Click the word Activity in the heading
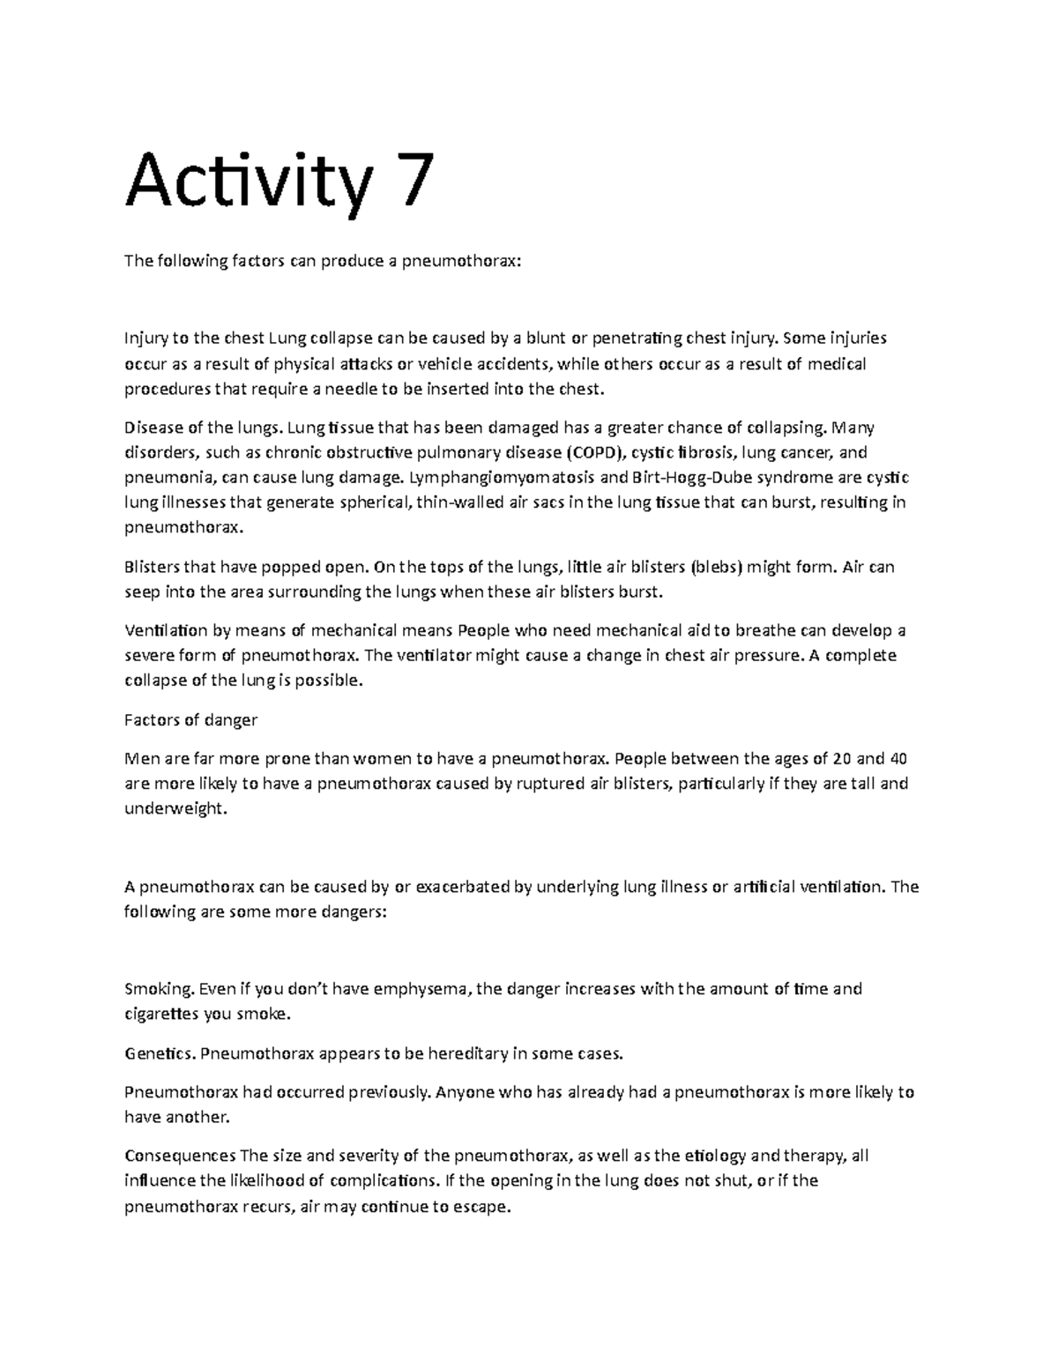(246, 182)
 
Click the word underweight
(175, 808)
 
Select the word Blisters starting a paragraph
(153, 567)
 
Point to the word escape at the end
(483, 1207)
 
